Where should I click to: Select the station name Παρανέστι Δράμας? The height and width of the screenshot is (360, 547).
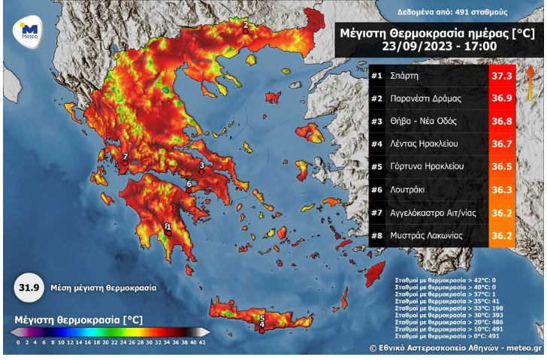point(425,98)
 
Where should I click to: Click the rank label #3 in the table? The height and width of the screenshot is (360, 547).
point(377,120)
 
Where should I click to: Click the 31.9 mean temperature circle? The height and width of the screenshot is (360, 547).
point(29,287)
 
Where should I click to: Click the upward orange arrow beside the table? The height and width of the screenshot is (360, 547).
point(530,83)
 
